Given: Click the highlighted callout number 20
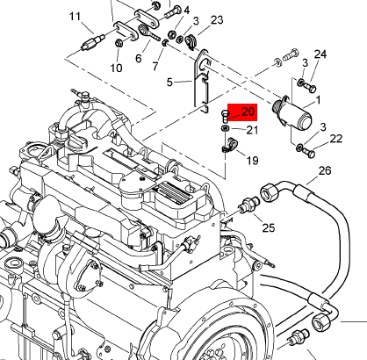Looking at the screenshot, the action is pos(248,112).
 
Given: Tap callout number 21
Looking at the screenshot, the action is pos(252,130).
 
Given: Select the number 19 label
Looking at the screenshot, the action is pos(252,161).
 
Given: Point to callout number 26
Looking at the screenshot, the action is pos(325,170).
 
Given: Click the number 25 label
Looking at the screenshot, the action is pos(269,227).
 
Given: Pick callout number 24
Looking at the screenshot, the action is pos(320,54).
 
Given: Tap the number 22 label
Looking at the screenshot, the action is pos(336,139).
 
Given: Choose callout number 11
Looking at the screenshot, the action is pos(75,16).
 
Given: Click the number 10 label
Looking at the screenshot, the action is pos(116,68).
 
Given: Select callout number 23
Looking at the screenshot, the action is pos(217,20).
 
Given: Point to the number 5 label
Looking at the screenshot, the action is pos(169,83).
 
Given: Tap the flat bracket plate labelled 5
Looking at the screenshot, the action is pos(201,82).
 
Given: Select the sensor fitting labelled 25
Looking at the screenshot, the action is pos(249,204).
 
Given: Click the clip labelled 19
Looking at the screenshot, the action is pos(229,145).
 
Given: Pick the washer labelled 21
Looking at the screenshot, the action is pos(225,128).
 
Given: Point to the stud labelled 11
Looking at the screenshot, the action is pos(93,42).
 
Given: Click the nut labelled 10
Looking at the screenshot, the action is pos(119,43).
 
